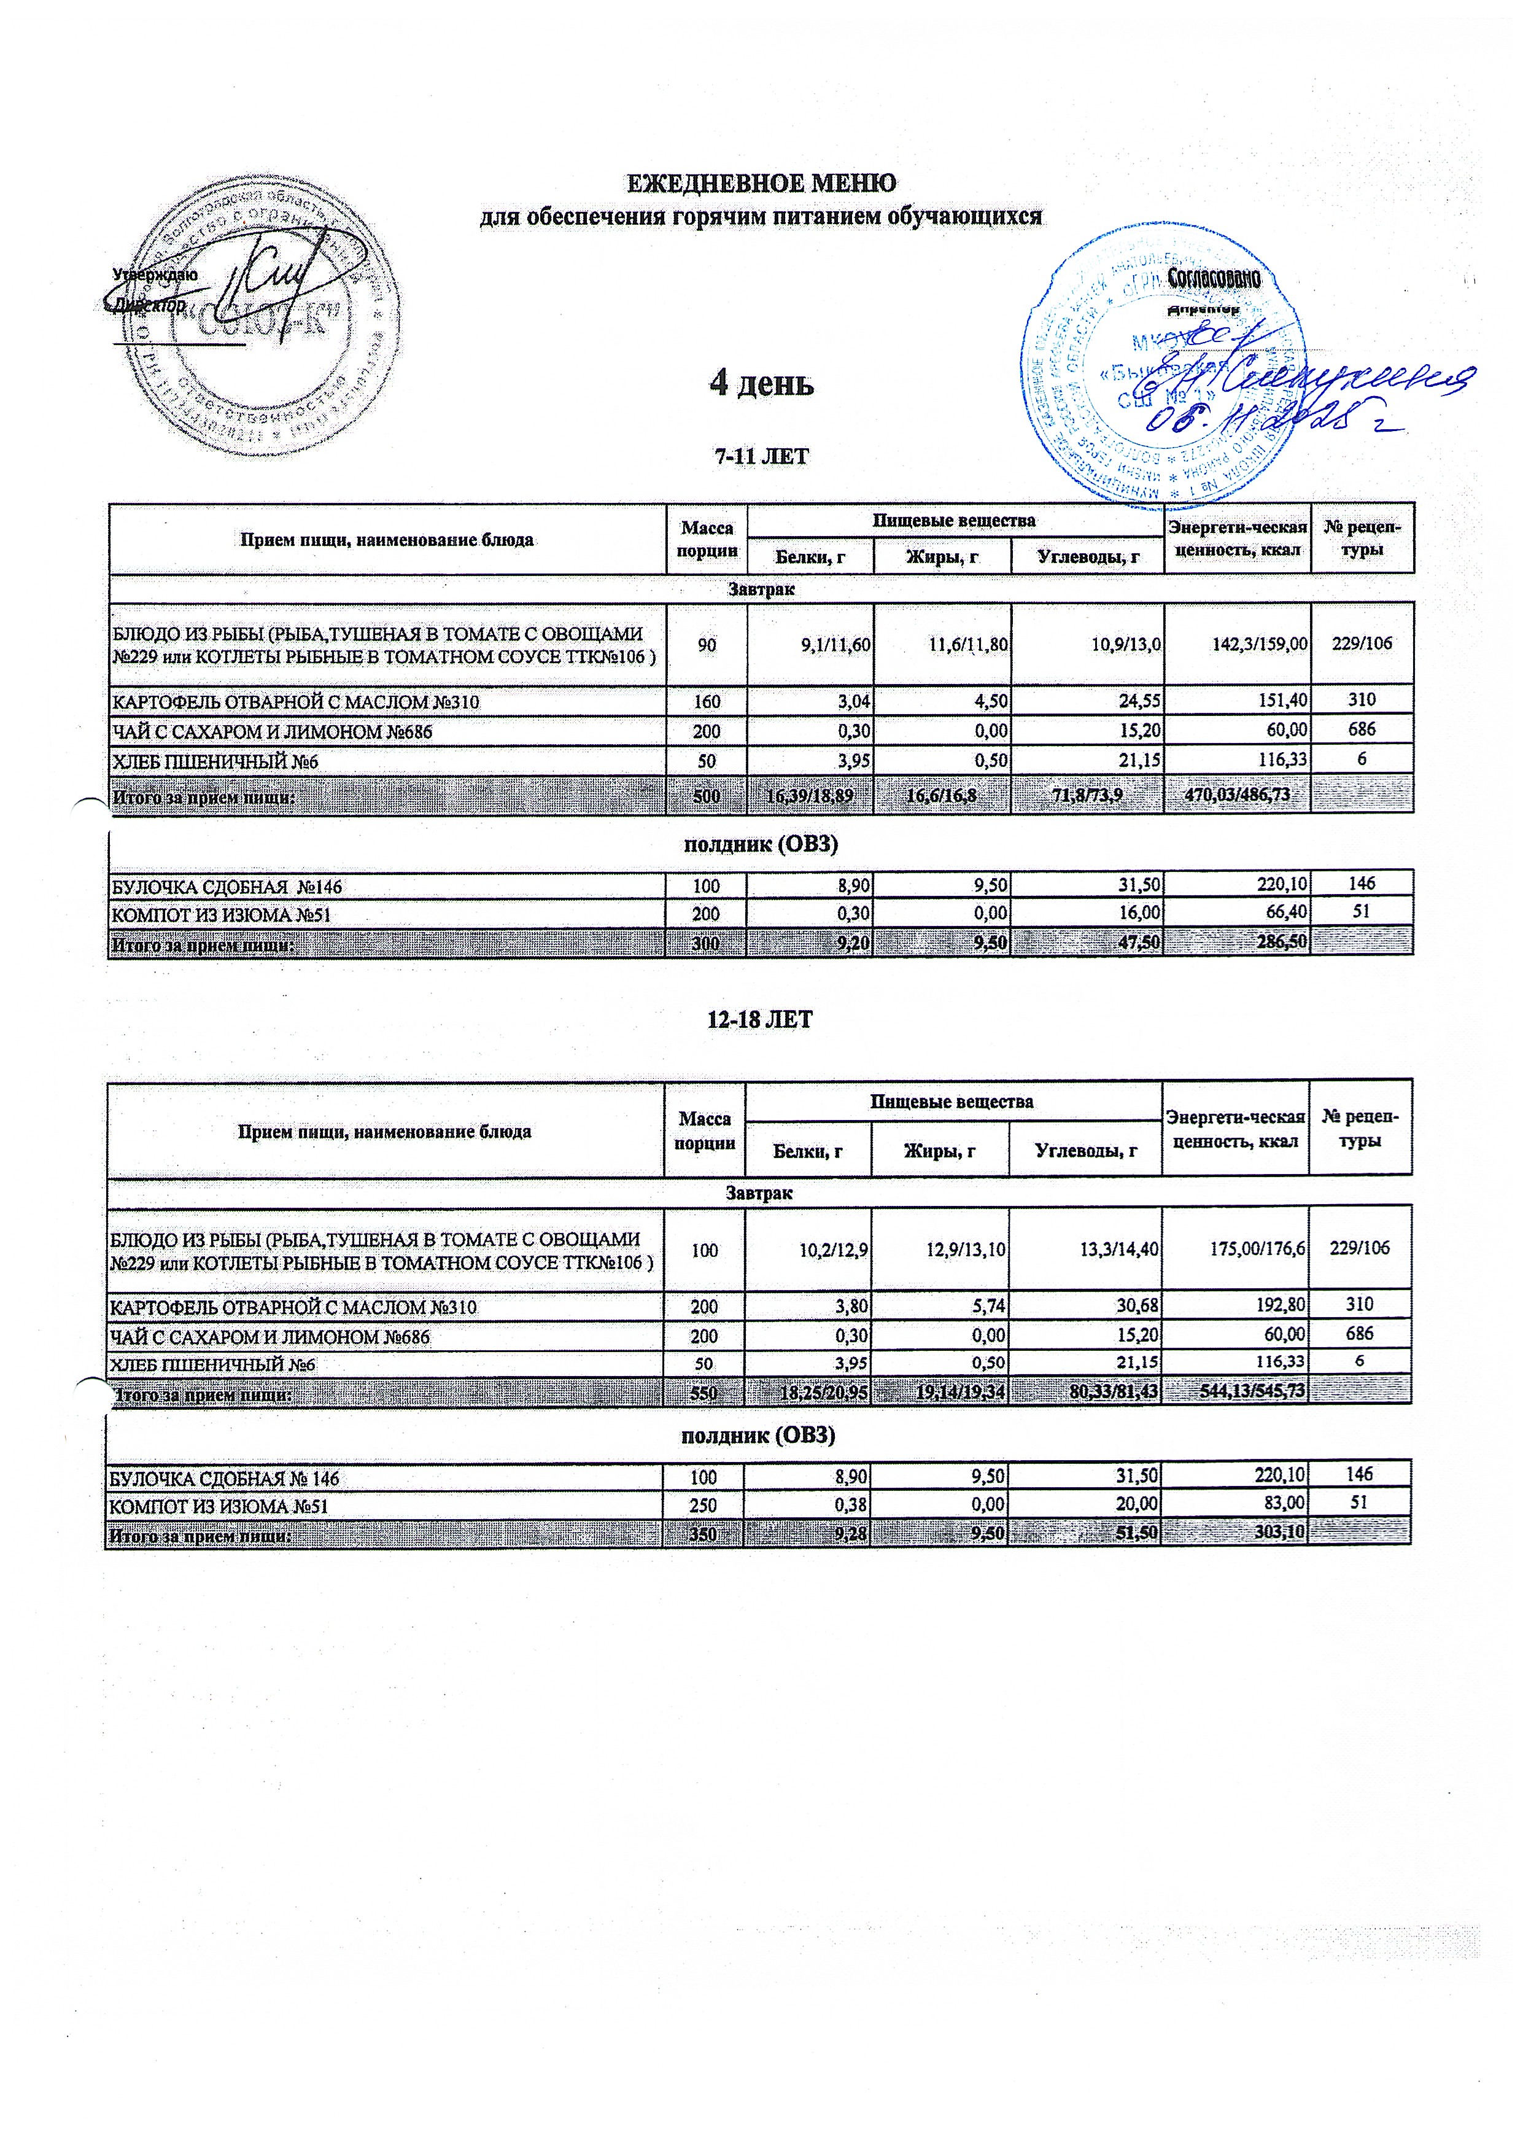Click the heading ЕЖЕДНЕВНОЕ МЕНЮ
point(761,182)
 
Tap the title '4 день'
point(761,383)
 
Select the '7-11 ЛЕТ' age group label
point(761,457)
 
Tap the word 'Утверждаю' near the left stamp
point(155,275)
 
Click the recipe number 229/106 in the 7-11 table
point(1362,643)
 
